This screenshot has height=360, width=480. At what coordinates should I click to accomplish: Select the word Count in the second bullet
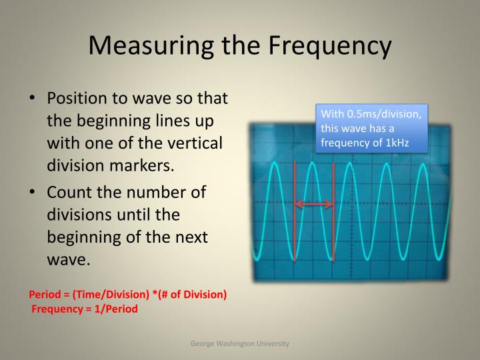pyautogui.click(x=69, y=192)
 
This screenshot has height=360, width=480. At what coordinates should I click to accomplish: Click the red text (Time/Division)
pyautogui.click(x=110, y=294)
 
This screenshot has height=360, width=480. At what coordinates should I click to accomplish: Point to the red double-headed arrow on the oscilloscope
pyautogui.click(x=314, y=204)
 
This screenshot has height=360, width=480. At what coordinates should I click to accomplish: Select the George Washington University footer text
pyautogui.click(x=240, y=343)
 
